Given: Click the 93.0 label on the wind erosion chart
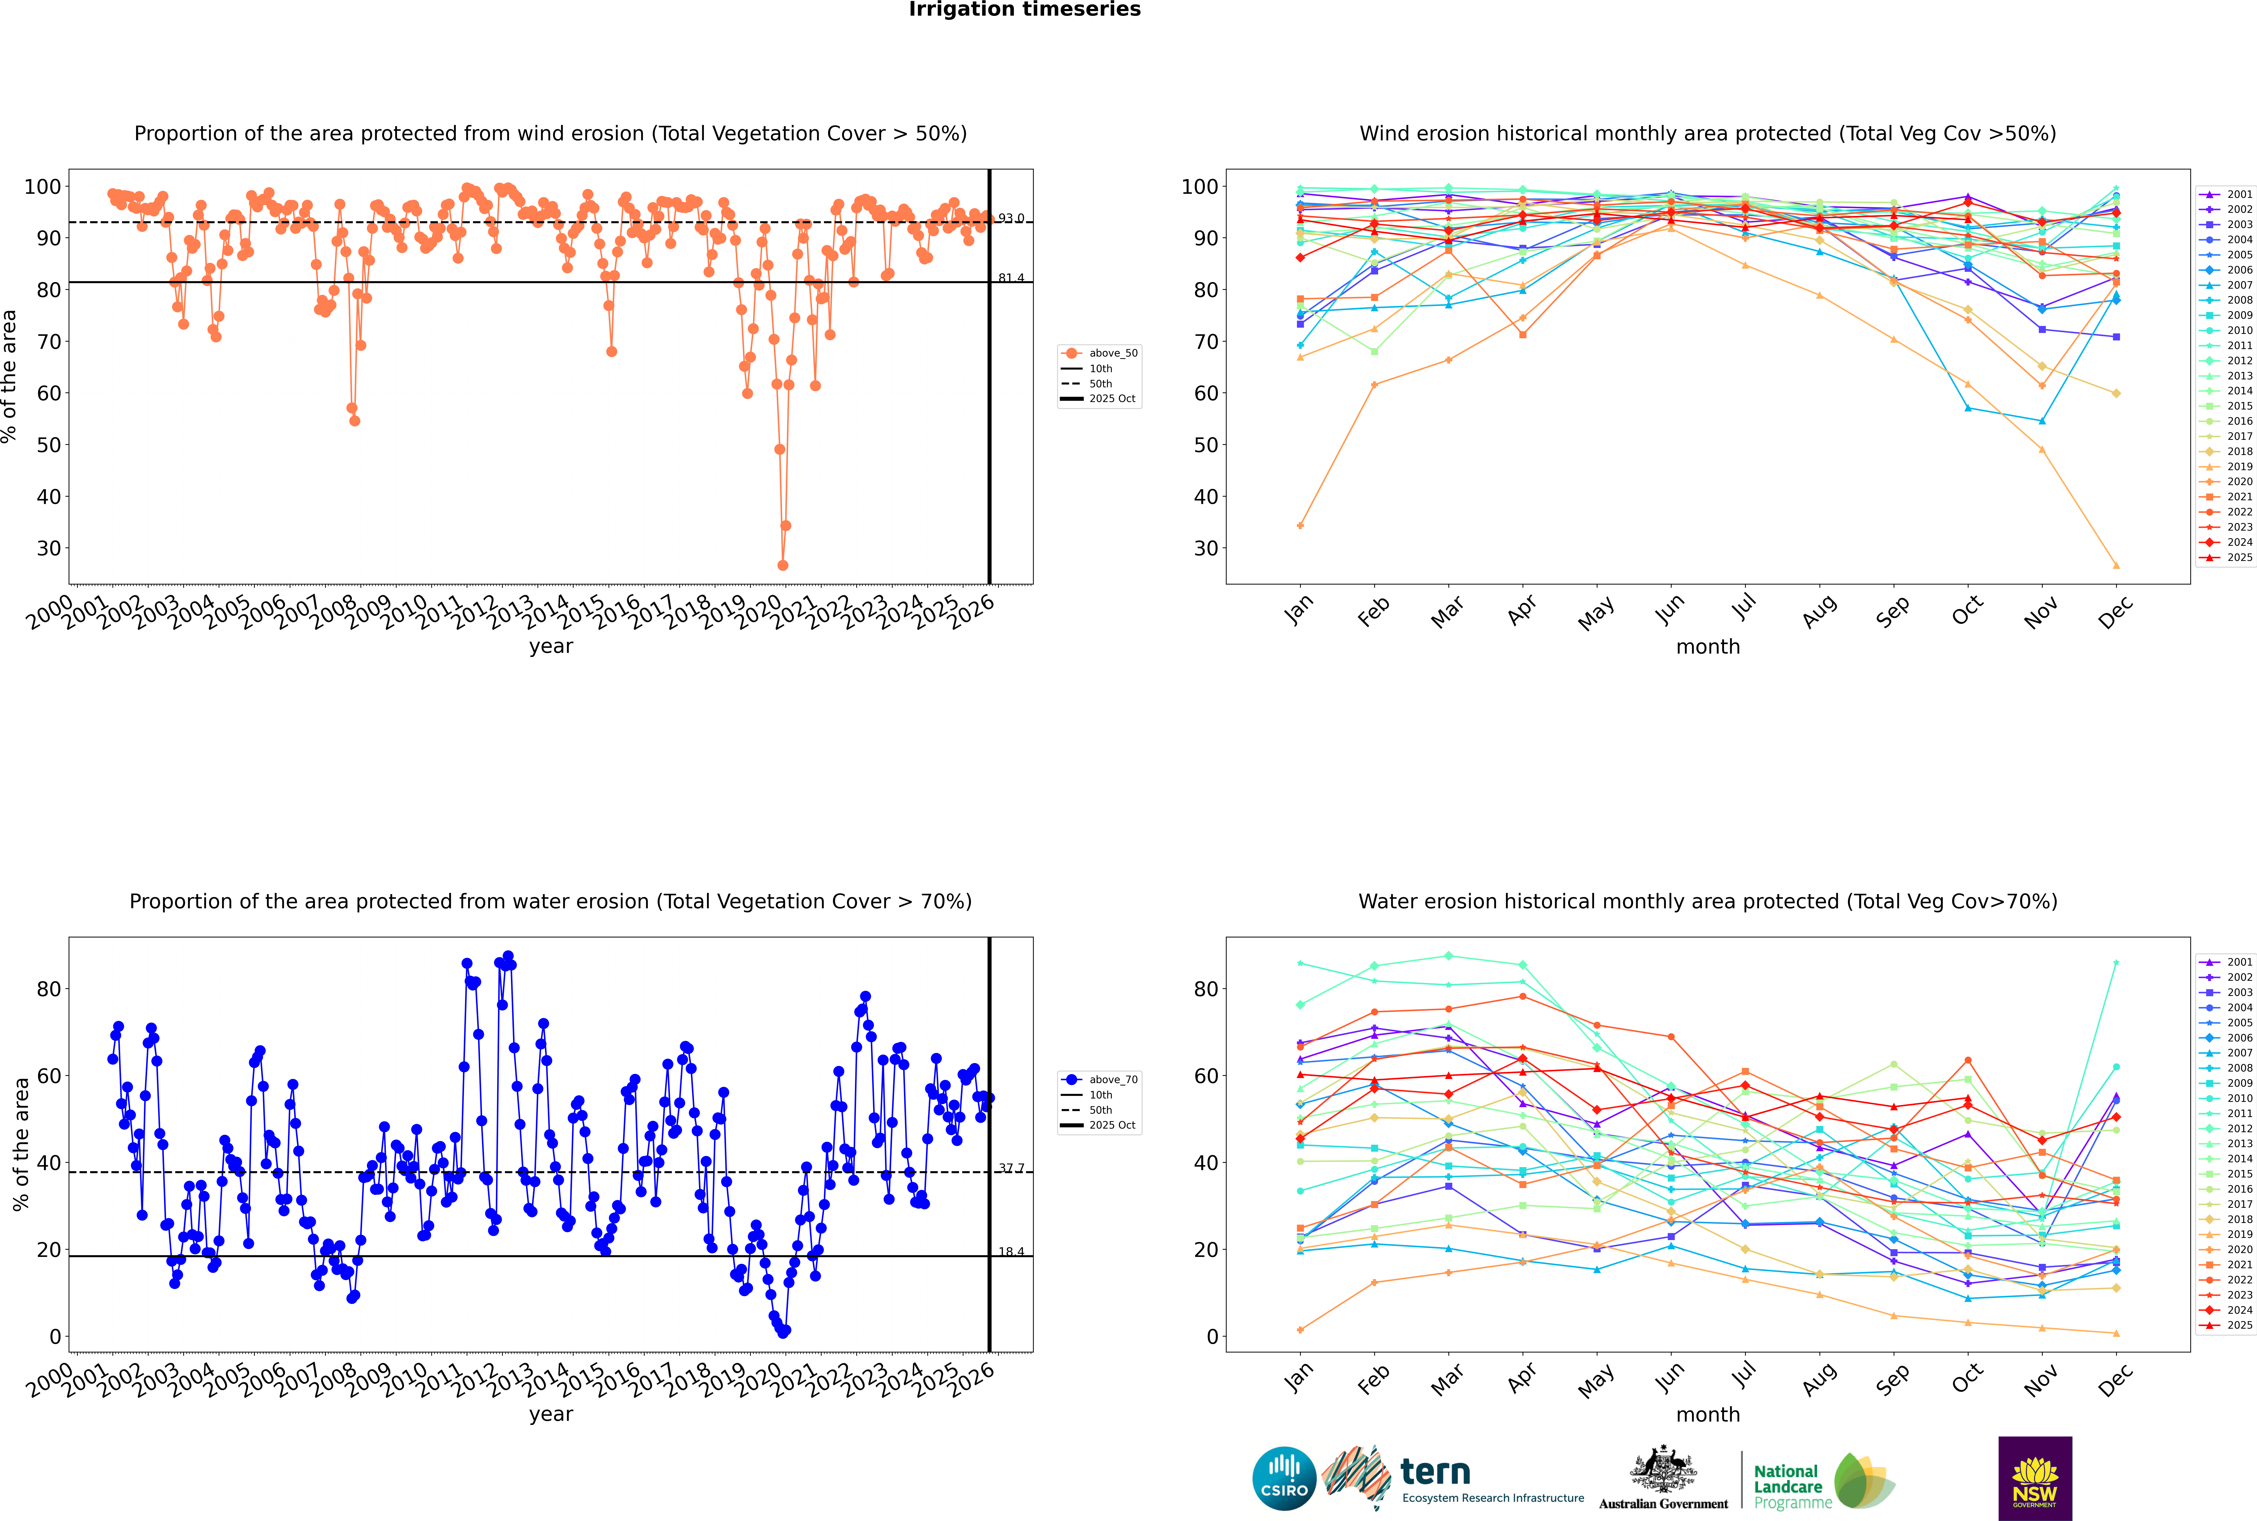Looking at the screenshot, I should [x=1011, y=218].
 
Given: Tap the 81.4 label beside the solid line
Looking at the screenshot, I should [x=1011, y=278].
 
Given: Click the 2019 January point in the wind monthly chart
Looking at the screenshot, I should [x=1300, y=526].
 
